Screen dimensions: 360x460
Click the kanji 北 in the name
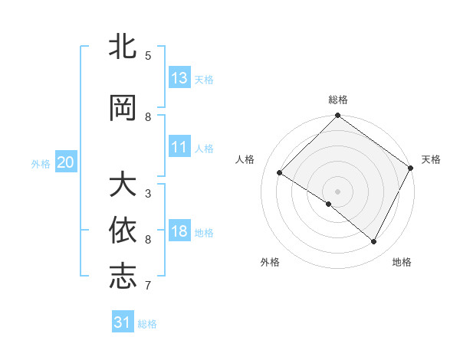click(x=123, y=47)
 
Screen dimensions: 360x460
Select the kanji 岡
click(x=123, y=108)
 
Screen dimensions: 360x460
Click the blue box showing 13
click(x=179, y=78)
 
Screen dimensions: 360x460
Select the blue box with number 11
click(x=179, y=147)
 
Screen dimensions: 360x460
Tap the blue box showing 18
click(x=179, y=231)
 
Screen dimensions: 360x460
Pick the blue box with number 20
click(x=66, y=162)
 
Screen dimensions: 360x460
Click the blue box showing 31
click(x=123, y=322)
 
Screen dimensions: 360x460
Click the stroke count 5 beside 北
click(x=148, y=56)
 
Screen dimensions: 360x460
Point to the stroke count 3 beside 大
click(x=148, y=193)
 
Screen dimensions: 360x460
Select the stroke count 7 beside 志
click(x=148, y=286)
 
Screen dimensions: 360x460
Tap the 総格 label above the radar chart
click(x=337, y=100)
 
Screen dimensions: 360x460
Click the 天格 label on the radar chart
click(x=431, y=159)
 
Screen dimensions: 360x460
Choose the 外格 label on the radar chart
click(x=270, y=262)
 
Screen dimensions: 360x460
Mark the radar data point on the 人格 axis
click(x=280, y=173)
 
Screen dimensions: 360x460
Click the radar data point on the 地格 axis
click(x=374, y=242)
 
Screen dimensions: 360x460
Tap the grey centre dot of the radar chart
click(x=337, y=191)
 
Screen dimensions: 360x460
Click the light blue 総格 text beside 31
click(x=147, y=324)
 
